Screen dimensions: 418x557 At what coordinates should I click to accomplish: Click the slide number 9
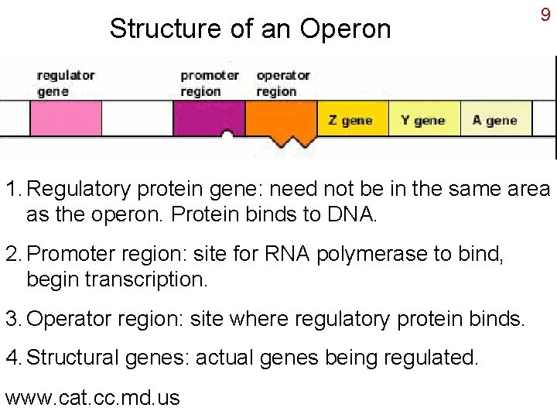pyautogui.click(x=545, y=15)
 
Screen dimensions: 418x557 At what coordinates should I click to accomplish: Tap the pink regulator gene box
pyautogui.click(x=66, y=119)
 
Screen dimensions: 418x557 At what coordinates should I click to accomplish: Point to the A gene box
pyautogui.click(x=495, y=120)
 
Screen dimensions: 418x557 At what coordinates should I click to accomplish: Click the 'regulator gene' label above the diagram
pyautogui.click(x=66, y=83)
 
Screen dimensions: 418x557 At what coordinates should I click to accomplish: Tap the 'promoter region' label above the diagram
pyautogui.click(x=210, y=83)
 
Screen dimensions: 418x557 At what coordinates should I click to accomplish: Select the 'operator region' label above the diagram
pyautogui.click(x=283, y=83)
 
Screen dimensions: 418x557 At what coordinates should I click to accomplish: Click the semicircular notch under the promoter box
pyautogui.click(x=227, y=136)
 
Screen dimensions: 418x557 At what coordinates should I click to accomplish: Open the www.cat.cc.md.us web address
pyautogui.click(x=92, y=398)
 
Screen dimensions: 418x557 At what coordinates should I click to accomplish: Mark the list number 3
pyautogui.click(x=13, y=318)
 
